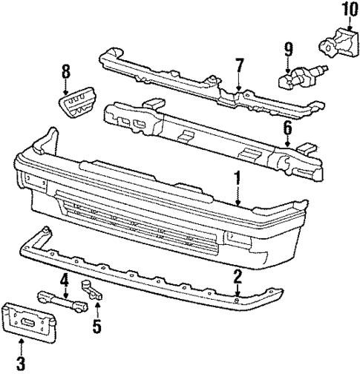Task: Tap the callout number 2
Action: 237,276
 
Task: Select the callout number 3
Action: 21,362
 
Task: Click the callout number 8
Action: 65,72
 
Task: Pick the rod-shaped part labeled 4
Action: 65,301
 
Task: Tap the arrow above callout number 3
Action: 21,345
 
